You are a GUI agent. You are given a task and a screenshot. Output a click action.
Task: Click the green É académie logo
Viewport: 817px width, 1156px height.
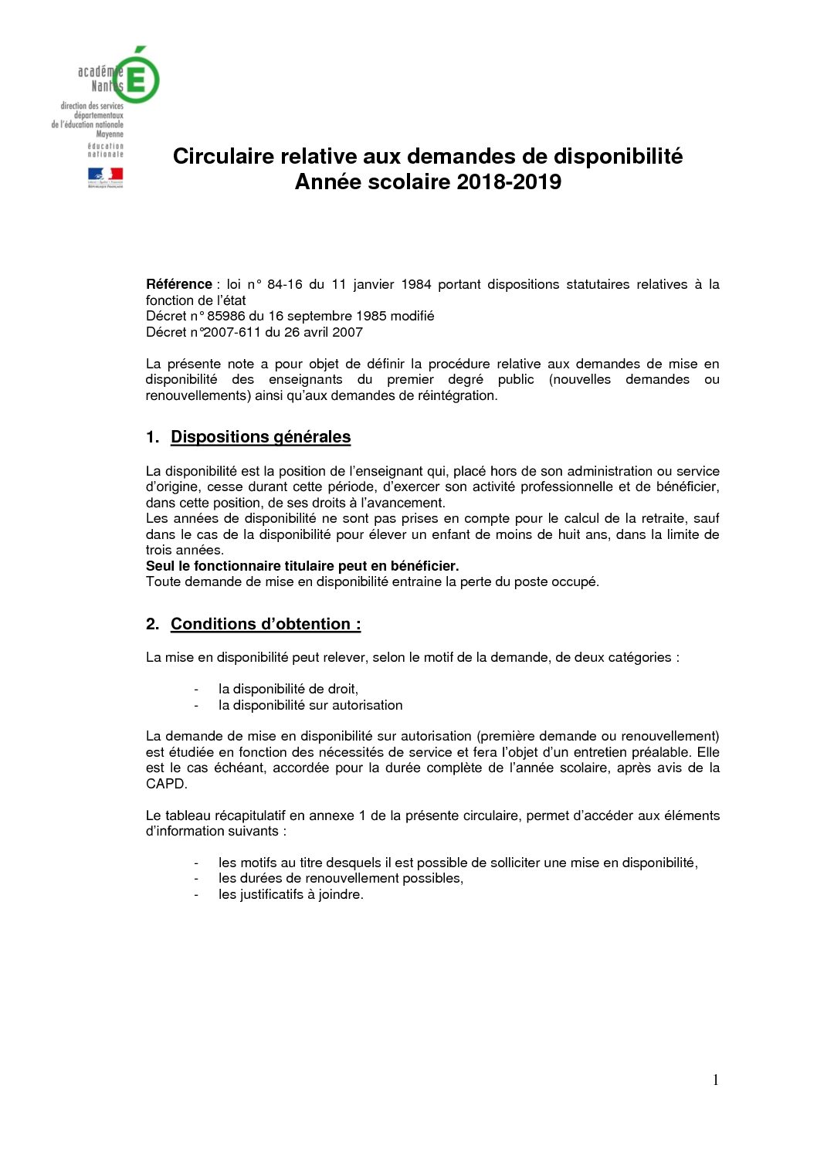click(x=139, y=76)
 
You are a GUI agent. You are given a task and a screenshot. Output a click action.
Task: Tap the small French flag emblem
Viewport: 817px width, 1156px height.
click(x=105, y=177)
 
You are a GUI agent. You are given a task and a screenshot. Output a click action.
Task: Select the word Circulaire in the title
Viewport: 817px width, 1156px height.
click(x=222, y=157)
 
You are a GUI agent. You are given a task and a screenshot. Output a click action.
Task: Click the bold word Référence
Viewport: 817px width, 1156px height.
click(x=178, y=284)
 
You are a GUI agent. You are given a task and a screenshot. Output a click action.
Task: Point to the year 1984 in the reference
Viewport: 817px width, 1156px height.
click(x=415, y=284)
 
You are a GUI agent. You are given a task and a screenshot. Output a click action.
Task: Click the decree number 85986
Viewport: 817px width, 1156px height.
click(x=225, y=316)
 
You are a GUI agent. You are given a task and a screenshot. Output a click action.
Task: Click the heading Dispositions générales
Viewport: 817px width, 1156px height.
click(x=260, y=437)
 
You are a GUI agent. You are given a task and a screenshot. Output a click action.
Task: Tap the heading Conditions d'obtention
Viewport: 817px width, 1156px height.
click(x=265, y=624)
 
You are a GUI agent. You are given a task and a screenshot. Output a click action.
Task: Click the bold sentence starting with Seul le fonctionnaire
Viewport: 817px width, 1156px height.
click(x=302, y=566)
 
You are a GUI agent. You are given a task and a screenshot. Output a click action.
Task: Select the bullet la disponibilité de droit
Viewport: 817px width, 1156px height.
click(x=288, y=689)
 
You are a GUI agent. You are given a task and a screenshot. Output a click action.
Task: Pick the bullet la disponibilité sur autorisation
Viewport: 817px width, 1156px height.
click(x=310, y=705)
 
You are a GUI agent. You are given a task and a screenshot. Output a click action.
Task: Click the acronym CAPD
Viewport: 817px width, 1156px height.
click(x=166, y=784)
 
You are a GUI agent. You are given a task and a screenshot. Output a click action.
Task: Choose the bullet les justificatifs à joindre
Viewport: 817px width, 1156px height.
click(x=290, y=894)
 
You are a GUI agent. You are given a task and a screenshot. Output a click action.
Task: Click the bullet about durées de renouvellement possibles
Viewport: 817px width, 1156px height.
click(x=341, y=878)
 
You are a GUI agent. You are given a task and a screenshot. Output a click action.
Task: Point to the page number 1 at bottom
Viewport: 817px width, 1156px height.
click(x=715, y=1080)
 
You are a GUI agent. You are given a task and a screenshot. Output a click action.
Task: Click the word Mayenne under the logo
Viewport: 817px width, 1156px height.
click(x=110, y=134)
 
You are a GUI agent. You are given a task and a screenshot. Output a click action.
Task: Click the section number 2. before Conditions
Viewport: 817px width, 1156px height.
click(x=152, y=624)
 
